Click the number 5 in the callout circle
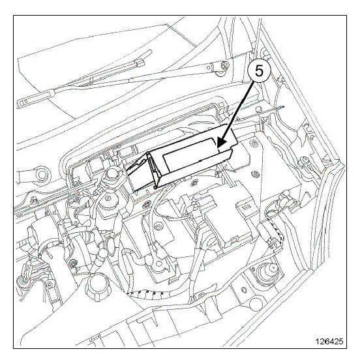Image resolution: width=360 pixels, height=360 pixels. coord(259,71)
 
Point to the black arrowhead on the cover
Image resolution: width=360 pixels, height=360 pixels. coord(221,142)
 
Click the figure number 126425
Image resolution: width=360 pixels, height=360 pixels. coord(329,341)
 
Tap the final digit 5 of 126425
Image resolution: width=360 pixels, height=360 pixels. coord(340,341)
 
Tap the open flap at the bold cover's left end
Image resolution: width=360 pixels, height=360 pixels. coord(138,173)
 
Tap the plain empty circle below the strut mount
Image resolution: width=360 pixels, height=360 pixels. coord(256,303)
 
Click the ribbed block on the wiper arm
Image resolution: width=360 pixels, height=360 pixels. coord(139,63)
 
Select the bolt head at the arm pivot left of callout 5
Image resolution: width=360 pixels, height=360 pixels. coord(226,65)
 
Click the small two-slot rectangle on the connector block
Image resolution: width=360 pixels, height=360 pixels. coord(246,207)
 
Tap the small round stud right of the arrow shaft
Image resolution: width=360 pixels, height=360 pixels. coord(259,109)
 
